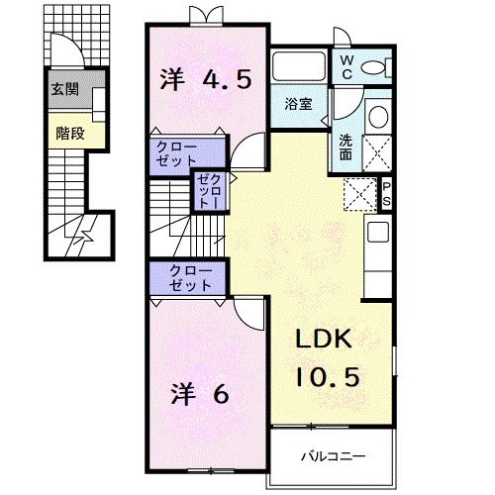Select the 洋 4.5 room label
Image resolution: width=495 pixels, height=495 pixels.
coord(205,78)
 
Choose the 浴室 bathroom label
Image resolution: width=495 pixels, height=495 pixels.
coord(299,102)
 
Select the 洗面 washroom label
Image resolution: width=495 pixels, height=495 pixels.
coord(346,147)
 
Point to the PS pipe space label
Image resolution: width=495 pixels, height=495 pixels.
coord(387,193)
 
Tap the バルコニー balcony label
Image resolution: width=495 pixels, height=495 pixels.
coord(333,457)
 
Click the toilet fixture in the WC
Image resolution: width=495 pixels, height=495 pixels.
coord(377,67)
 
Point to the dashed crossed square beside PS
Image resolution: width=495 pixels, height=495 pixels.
coord(359,193)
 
